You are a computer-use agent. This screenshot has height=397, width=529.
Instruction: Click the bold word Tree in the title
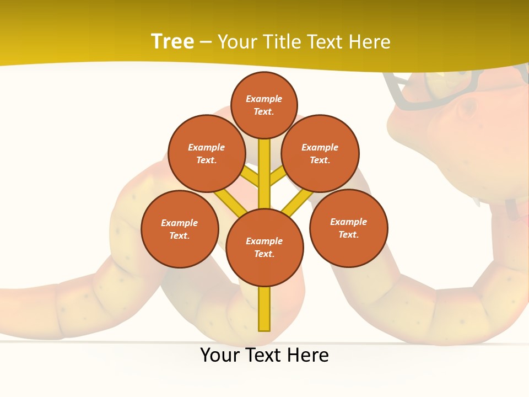click(172, 41)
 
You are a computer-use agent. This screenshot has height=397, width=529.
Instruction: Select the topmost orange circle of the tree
click(264, 105)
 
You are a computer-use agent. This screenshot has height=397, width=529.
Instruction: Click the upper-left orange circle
click(207, 153)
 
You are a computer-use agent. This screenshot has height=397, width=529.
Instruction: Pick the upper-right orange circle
click(320, 153)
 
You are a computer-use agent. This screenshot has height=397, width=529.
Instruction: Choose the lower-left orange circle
click(180, 229)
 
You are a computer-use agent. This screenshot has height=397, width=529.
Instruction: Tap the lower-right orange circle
click(348, 228)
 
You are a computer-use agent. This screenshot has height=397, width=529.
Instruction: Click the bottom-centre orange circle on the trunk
click(264, 247)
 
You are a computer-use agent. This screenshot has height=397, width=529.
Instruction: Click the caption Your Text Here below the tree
click(264, 355)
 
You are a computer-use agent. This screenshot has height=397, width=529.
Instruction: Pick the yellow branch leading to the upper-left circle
click(250, 176)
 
